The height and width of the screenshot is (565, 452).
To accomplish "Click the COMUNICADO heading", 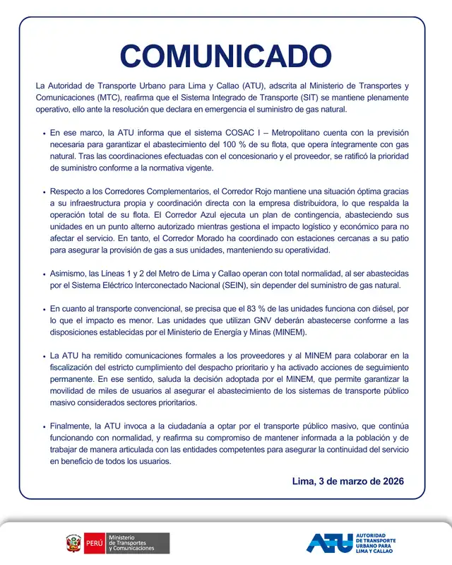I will [225, 57].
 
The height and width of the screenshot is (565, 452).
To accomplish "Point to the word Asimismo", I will [69, 273].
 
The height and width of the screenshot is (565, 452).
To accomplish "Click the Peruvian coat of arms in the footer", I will [73, 543].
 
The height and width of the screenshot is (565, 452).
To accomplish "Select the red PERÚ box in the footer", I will [94, 543].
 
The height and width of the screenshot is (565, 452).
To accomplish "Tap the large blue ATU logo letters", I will [328, 542].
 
